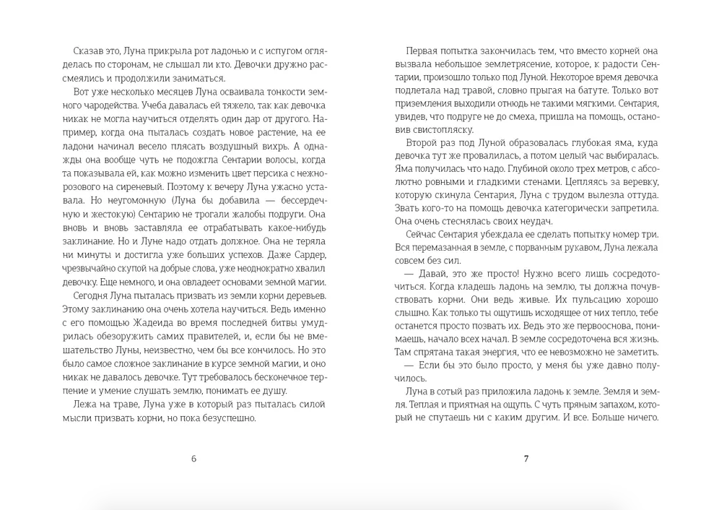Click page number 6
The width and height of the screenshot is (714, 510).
click(x=193, y=459)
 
